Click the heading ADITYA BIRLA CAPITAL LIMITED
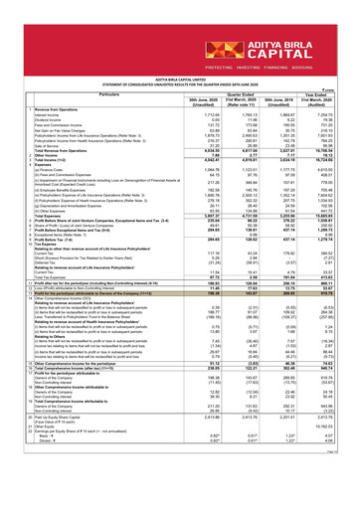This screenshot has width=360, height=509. (179, 72)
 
